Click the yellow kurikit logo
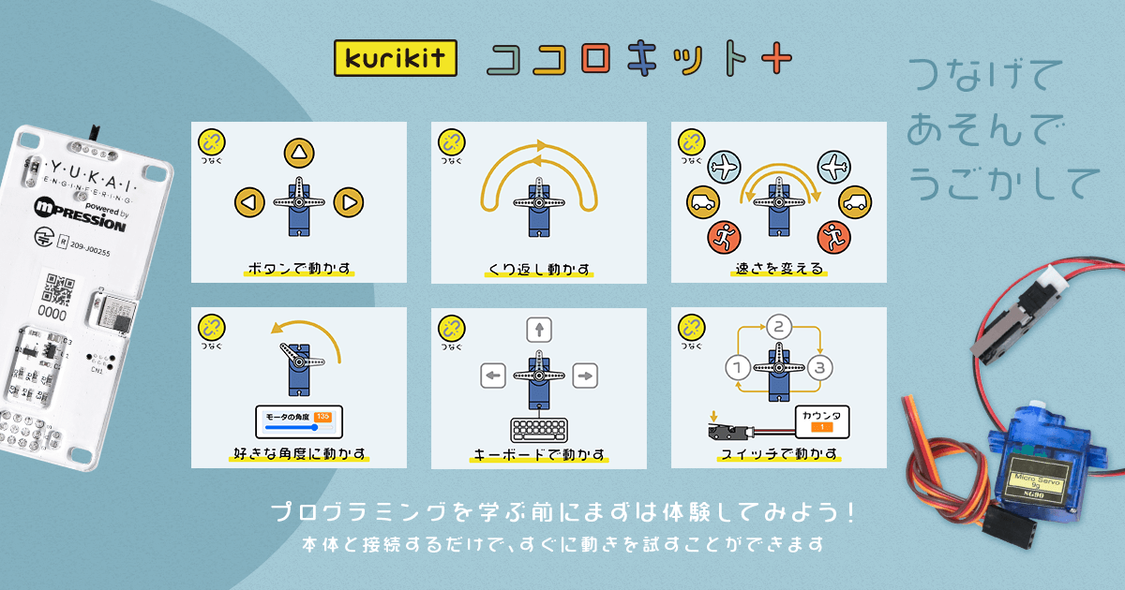(395, 58)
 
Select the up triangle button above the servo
(298, 153)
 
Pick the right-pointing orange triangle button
(348, 200)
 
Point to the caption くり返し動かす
(539, 270)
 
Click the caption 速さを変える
(779, 270)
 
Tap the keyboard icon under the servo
(539, 430)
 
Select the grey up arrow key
(539, 330)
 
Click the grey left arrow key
(493, 376)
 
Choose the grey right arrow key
(585, 376)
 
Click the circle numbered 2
(779, 327)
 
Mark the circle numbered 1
(739, 366)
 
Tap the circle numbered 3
(819, 366)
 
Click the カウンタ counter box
(822, 421)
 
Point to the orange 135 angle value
(322, 416)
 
